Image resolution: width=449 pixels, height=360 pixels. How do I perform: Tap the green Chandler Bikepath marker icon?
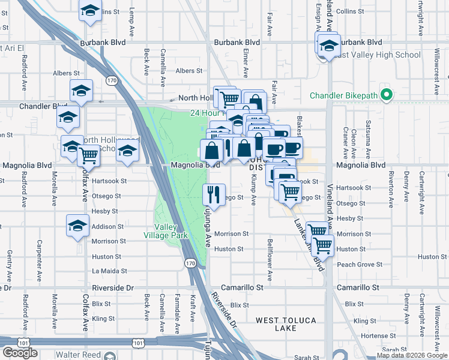(x=388, y=95)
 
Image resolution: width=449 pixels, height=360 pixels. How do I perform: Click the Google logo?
(x=20, y=353)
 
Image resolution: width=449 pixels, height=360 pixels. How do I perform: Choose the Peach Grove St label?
(x=360, y=265)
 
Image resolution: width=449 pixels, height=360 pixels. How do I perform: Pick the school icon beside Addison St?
(x=77, y=226)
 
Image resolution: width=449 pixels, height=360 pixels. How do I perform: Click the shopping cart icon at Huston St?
(x=323, y=244)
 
